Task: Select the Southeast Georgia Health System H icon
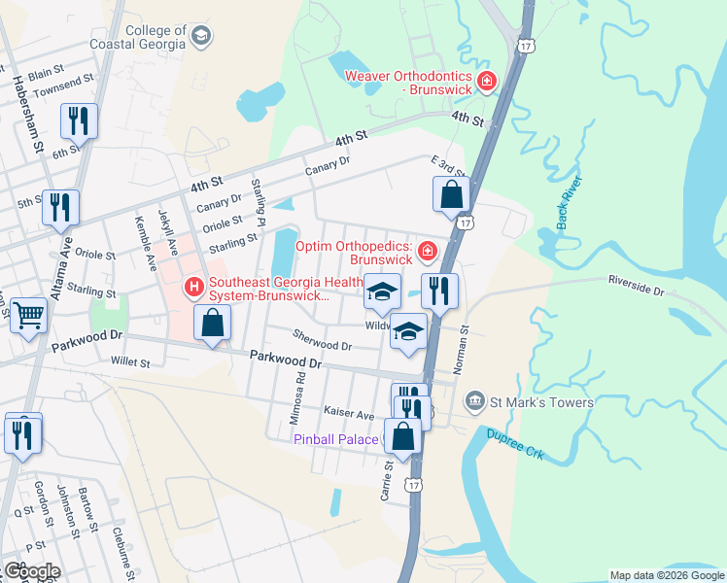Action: (194, 287)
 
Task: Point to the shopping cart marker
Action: (29, 315)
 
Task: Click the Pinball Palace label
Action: (336, 439)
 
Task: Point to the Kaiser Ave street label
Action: (349, 414)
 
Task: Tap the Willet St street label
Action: (130, 362)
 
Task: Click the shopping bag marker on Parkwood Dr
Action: (212, 323)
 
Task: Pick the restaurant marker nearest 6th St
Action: (78, 121)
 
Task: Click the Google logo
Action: (32, 571)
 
